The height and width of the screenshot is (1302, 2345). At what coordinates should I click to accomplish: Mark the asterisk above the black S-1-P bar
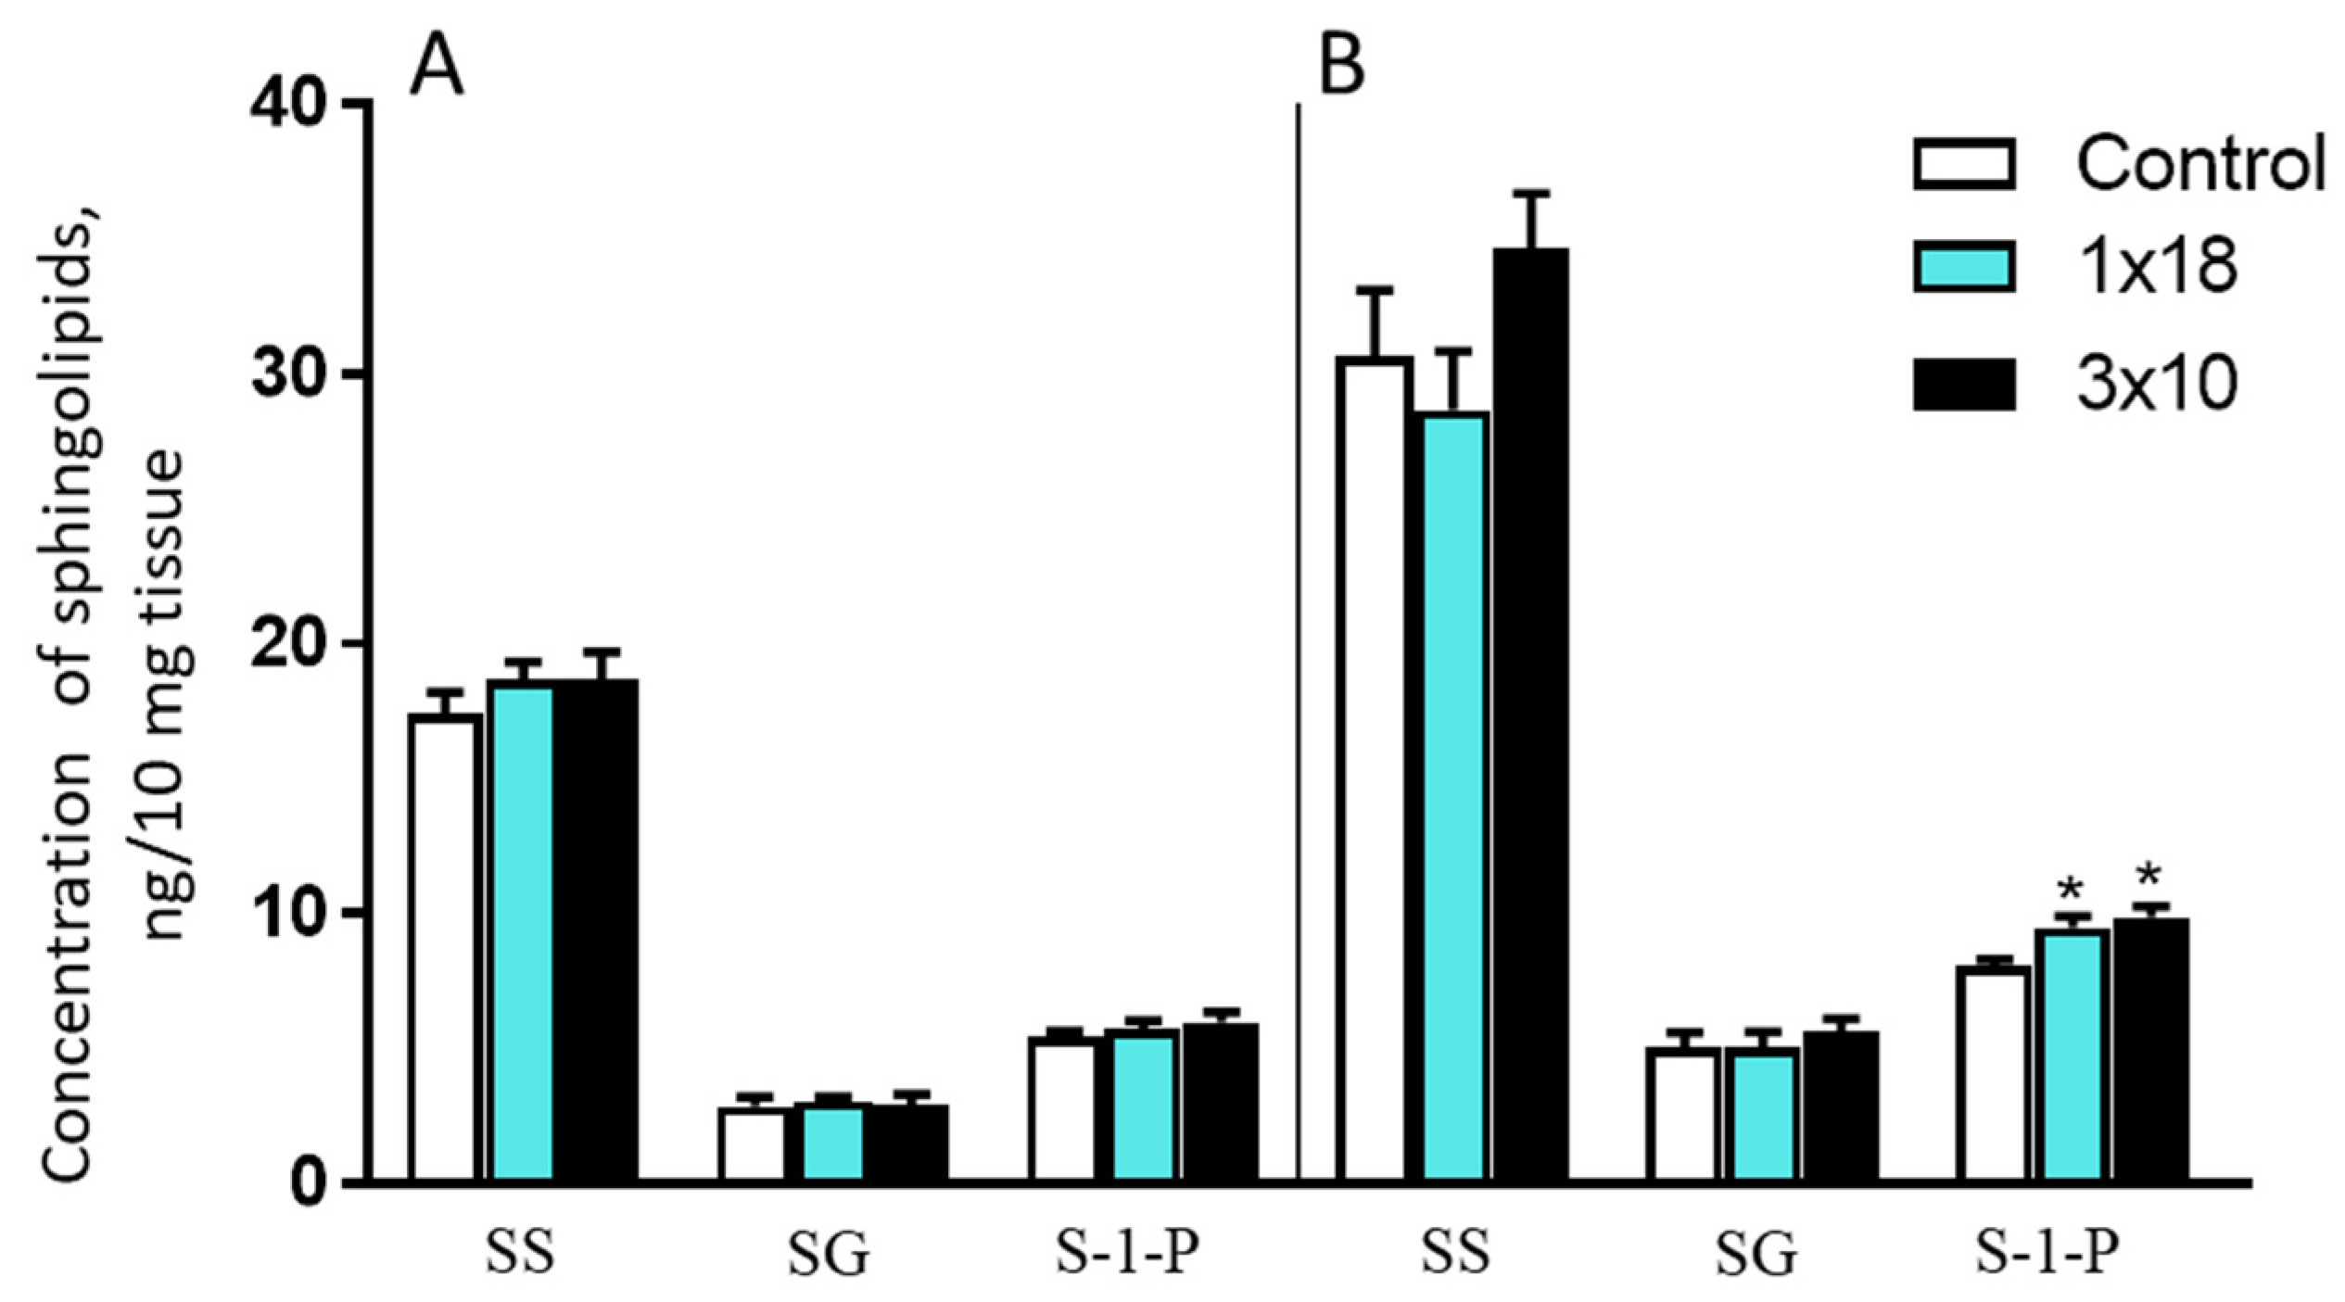pyautogui.click(x=2149, y=876)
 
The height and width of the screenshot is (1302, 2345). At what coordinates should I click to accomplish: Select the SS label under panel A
pyautogui.click(x=520, y=1253)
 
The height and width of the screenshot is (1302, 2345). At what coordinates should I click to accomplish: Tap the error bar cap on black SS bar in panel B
pyautogui.click(x=1530, y=194)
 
